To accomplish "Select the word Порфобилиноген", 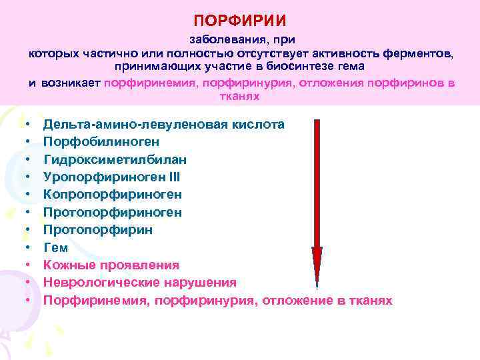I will (x=101, y=142).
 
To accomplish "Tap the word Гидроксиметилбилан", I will (x=115, y=160).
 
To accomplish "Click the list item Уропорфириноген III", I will (x=111, y=177).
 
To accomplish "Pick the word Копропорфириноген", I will (x=113, y=195).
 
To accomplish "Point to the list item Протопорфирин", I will (x=98, y=230).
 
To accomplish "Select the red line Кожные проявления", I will (x=111, y=265).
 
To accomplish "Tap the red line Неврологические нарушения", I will (x=140, y=283).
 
